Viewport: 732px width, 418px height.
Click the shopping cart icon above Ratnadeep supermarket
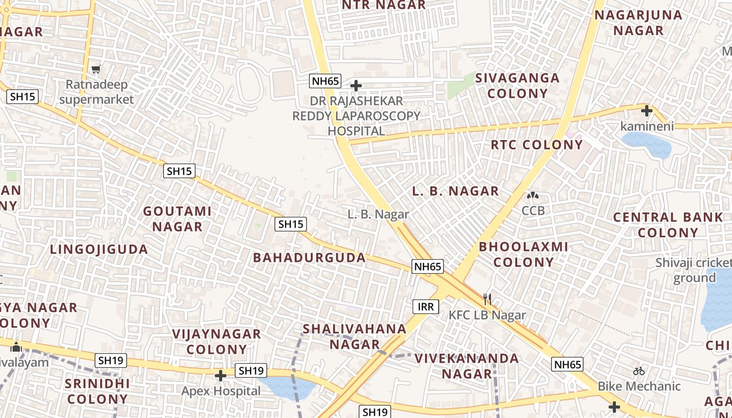[96, 69]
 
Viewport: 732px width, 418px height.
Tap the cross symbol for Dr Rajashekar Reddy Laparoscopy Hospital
[356, 85]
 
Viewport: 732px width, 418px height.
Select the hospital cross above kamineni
[647, 111]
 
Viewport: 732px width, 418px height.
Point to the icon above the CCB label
[533, 196]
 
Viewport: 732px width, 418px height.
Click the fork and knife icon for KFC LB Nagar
[487, 299]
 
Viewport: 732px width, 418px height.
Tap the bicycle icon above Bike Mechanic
[638, 371]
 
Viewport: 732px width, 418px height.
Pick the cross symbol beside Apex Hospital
[221, 375]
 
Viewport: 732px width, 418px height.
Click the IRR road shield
[426, 307]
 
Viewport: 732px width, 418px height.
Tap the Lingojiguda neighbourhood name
[99, 249]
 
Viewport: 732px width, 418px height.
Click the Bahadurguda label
[310, 258]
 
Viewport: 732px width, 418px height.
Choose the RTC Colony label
[536, 145]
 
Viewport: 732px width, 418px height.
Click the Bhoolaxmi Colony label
[523, 254]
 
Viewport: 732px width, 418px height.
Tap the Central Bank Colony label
[668, 225]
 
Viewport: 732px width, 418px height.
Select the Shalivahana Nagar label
[354, 336]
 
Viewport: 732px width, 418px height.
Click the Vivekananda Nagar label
[466, 366]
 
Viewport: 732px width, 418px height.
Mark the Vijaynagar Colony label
[216, 341]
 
